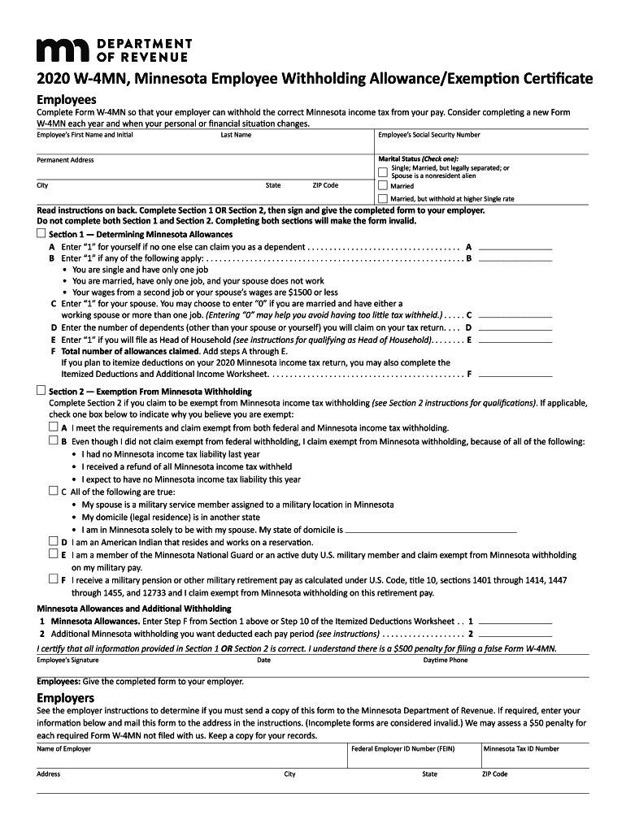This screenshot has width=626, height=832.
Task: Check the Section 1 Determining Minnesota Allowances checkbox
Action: click(x=41, y=233)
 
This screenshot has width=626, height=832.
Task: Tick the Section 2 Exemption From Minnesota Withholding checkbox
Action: click(x=41, y=391)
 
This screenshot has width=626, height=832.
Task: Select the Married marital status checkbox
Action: click(x=383, y=185)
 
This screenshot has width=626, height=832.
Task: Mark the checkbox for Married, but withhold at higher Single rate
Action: click(x=383, y=198)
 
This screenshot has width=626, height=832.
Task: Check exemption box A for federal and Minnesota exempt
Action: click(x=54, y=427)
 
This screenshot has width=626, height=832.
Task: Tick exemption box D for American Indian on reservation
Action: click(x=54, y=541)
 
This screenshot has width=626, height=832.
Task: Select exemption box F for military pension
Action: click(x=54, y=580)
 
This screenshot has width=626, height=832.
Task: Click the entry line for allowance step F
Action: click(x=515, y=375)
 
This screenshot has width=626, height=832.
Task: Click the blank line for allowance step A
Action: click(x=515, y=248)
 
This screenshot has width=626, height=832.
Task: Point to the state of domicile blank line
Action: click(x=431, y=530)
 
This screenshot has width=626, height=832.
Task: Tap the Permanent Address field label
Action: click(x=65, y=160)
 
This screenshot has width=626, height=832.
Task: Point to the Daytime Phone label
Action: click(x=446, y=661)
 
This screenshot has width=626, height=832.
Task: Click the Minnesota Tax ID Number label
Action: click(x=521, y=748)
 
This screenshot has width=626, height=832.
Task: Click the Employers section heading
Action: click(x=65, y=698)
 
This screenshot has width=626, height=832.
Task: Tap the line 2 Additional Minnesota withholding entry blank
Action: click(x=515, y=635)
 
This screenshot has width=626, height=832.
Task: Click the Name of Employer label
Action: click(x=63, y=748)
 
